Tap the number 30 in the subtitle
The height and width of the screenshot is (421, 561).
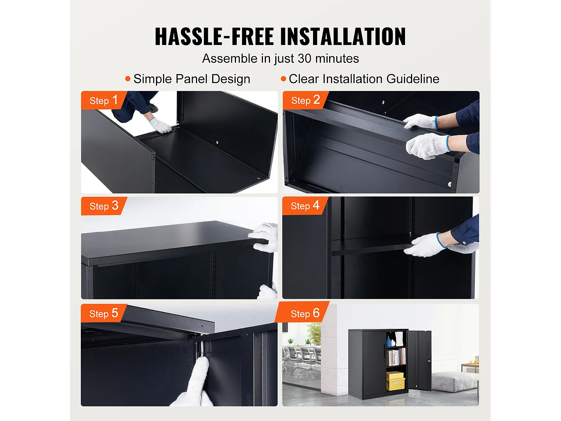304,58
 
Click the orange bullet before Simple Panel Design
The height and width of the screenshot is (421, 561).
128,79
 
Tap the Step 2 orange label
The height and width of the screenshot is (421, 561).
305,100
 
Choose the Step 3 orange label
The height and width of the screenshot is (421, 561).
104,206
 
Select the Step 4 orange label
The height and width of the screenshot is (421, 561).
305,206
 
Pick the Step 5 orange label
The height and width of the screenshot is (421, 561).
104,313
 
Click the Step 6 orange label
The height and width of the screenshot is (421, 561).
305,313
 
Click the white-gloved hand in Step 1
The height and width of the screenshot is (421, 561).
161,126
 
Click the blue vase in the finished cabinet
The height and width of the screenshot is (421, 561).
389,341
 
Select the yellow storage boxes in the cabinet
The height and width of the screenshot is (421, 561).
395,381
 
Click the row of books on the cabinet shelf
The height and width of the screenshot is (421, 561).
396,357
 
